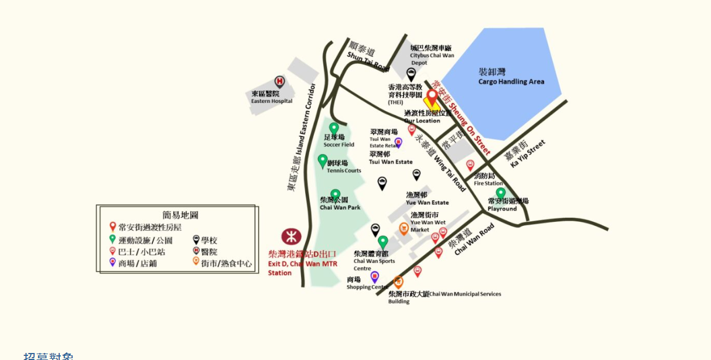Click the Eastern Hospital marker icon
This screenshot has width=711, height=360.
click(279, 81)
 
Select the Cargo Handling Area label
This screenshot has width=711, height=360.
click(511, 77)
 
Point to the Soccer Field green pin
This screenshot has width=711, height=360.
click(334, 129)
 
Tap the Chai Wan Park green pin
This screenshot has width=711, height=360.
click(336, 195)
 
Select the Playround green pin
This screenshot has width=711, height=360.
click(501, 193)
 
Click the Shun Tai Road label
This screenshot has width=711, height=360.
click(368, 56)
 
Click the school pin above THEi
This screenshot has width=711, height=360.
click(411, 74)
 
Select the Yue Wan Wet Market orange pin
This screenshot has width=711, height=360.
click(404, 228)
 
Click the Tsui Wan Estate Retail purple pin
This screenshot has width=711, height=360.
click(399, 142)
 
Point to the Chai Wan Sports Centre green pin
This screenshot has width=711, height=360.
click(383, 242)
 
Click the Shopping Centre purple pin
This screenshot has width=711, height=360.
click(374, 276)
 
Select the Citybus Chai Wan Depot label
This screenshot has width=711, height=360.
click(431, 52)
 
